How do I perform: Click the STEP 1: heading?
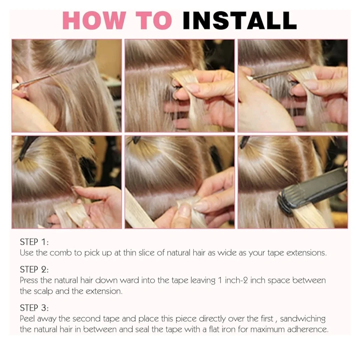coord(34,242)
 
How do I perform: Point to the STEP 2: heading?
coord(34,269)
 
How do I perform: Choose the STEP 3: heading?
coord(34,308)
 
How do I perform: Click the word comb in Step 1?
coord(61,252)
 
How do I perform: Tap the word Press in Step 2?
coord(29,280)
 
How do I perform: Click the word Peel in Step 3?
coord(27,318)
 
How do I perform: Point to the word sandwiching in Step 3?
coord(303,319)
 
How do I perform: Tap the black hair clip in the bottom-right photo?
coord(244,142)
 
